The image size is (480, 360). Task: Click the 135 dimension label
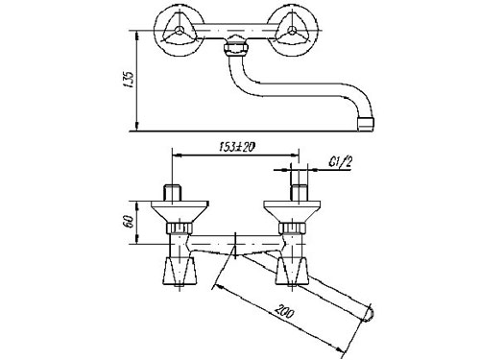[129, 81]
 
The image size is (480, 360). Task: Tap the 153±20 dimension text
[237, 147]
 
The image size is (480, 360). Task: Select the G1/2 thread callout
[340, 162]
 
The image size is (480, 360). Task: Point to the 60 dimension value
[128, 222]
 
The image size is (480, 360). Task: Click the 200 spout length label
[284, 312]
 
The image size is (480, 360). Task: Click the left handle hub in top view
[179, 31]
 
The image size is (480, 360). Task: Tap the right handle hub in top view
[291, 31]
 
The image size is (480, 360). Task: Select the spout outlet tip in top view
[366, 124]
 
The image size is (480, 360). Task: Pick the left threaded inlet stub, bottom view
[173, 193]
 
